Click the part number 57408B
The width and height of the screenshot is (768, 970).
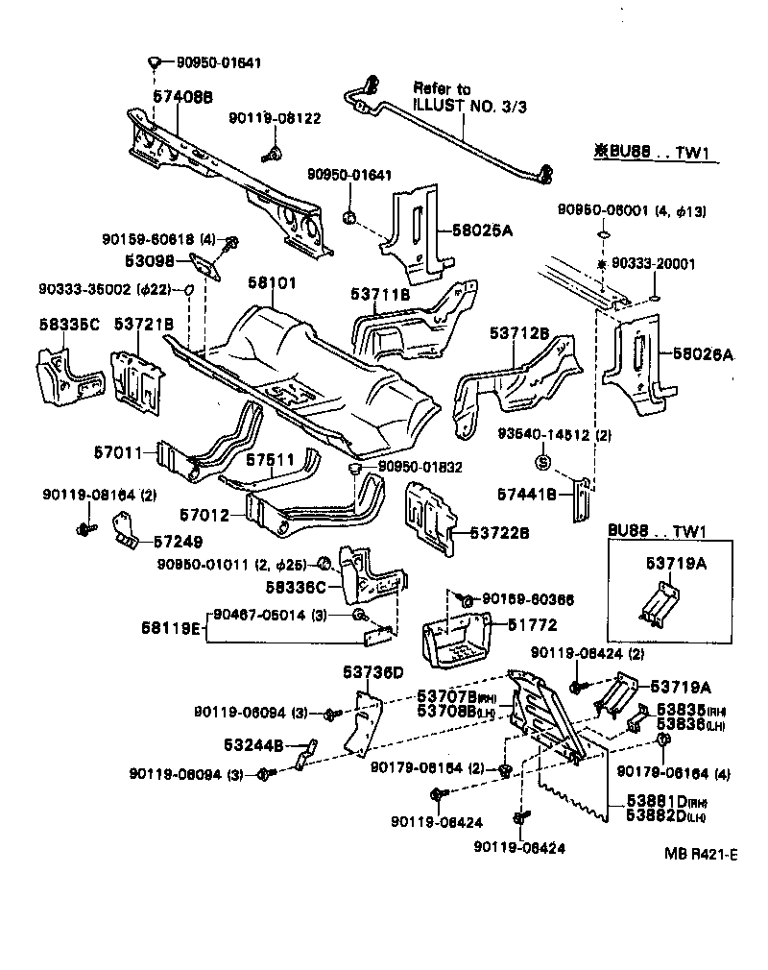click(x=182, y=98)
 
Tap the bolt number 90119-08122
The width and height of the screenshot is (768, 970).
click(x=275, y=118)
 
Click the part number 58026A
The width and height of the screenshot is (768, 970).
click(x=703, y=353)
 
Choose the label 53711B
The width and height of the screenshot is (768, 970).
click(x=381, y=295)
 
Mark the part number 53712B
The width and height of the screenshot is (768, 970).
click(x=518, y=333)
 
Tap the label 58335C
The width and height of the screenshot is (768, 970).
click(x=69, y=324)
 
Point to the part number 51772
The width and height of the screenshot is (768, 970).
click(x=519, y=625)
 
